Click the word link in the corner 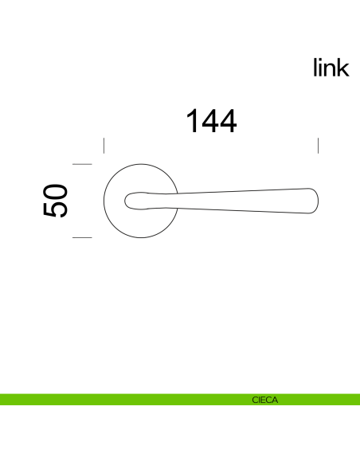(x=331, y=68)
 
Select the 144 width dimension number (x=211, y=121)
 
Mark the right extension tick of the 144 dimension (x=319, y=146)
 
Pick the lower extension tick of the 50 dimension (x=83, y=238)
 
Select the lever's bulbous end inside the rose (x=137, y=200)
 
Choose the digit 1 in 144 (x=193, y=121)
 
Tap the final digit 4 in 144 (x=227, y=121)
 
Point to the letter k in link (x=343, y=68)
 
